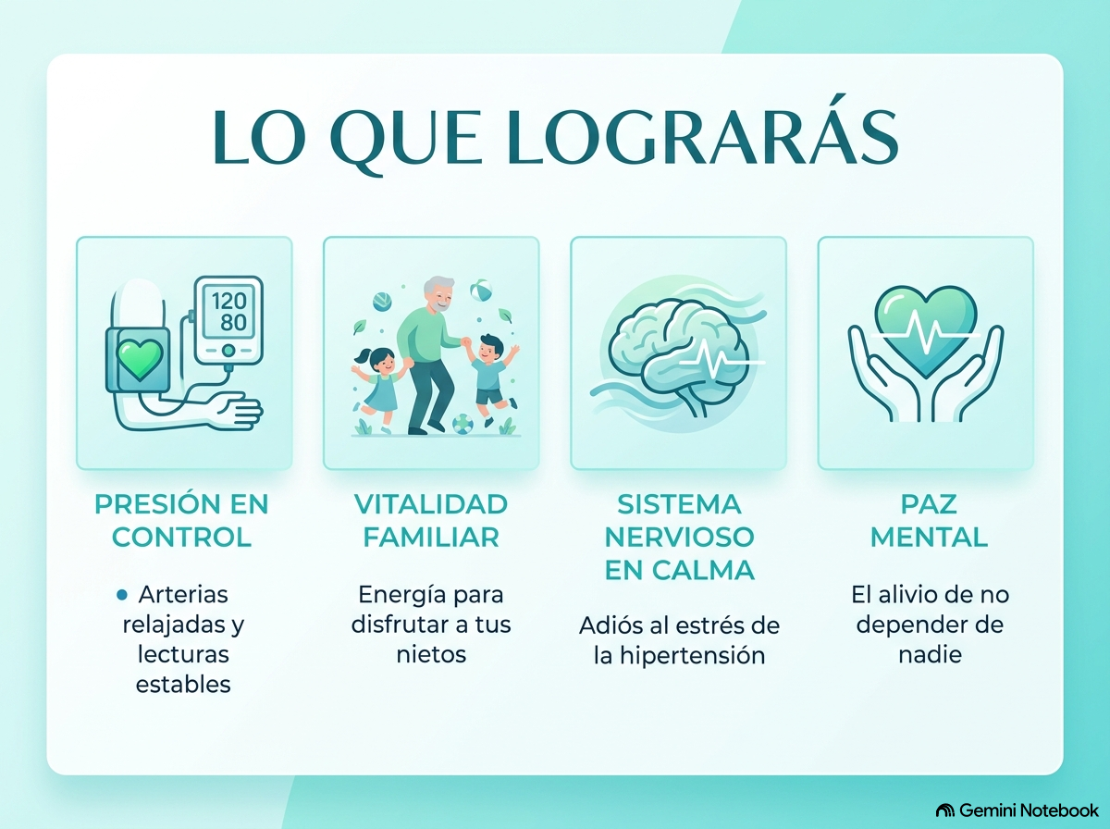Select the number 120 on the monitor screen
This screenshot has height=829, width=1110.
click(x=229, y=301)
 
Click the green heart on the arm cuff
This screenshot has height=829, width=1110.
click(x=140, y=359)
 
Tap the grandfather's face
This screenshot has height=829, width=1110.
click(x=439, y=296)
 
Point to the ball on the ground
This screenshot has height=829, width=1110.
click(x=462, y=424)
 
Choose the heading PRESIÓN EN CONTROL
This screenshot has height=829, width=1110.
click(x=181, y=521)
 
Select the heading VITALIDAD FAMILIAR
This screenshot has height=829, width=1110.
click(x=431, y=521)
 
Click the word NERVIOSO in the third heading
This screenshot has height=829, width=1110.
click(x=679, y=538)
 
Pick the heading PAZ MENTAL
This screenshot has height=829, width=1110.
click(x=929, y=521)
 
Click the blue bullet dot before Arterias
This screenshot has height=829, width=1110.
click(x=122, y=595)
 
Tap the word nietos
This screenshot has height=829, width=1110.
click(x=431, y=654)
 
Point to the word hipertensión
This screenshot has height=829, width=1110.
click(x=692, y=656)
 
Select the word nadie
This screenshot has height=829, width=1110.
click(x=930, y=654)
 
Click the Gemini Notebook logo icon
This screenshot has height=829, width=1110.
click(x=944, y=810)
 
